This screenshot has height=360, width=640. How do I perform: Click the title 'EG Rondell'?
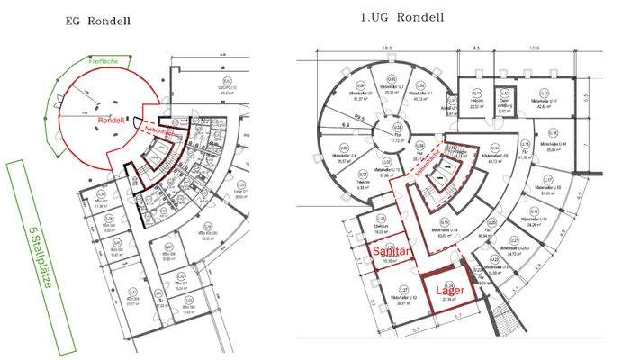coord(99,20)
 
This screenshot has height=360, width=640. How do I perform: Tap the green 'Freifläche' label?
coord(103,62)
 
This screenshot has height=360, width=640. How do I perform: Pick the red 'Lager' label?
coord(449,290)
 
